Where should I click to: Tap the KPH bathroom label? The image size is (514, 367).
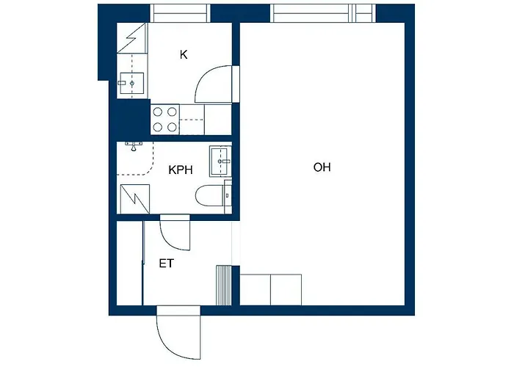coord(181,170)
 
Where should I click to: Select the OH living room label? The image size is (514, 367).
coord(322,167)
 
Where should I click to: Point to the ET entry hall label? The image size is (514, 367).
coord(167,263)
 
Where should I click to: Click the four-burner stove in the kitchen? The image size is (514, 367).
coord(164,120)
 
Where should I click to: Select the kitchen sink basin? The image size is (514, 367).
coord(132,83)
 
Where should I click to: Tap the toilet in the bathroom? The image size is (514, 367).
coord(211,195)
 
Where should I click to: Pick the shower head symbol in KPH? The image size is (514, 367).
coord(134,147)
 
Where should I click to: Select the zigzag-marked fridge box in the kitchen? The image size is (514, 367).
coord(132,37)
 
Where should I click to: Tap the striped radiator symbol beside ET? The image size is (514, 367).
coord(223,284)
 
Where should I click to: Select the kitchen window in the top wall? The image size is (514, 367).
coord(180,13)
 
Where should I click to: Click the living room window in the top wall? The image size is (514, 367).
coord(323,13)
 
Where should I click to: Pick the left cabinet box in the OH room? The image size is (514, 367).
coord(256,288)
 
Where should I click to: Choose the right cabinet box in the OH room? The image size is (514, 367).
coord(286,288)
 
